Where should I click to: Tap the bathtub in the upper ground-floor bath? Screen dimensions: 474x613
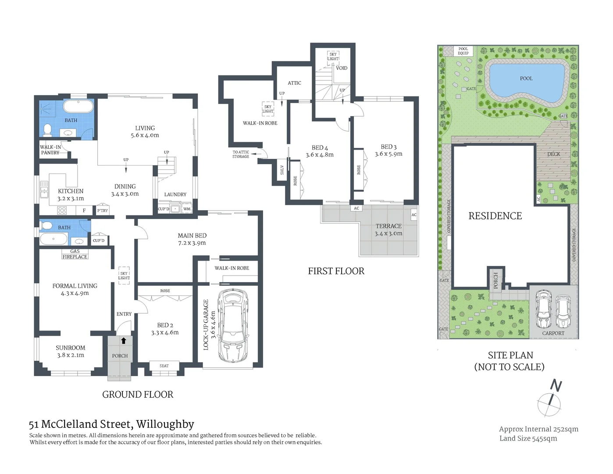78,106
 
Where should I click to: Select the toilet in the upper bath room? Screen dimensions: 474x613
48,129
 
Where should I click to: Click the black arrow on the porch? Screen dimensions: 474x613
123,341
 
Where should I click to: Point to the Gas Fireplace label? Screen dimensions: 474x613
75,254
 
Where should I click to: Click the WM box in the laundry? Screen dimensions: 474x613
187,209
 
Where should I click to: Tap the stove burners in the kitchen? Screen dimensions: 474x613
62,210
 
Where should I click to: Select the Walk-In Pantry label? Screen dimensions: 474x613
50,150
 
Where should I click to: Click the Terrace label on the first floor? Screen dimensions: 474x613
388,226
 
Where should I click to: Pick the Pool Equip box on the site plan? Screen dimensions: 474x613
463,51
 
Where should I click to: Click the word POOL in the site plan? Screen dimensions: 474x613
526,79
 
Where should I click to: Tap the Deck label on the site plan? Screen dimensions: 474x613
554,154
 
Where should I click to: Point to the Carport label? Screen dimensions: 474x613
553,333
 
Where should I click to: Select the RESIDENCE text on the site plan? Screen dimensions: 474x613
495,216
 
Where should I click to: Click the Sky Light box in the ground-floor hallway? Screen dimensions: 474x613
124,276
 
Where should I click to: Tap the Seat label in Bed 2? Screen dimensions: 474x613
164,366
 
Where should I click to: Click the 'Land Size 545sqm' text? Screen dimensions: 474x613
528,438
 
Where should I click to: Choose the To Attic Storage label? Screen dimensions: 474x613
241,154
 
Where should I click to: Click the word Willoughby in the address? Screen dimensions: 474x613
165,424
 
